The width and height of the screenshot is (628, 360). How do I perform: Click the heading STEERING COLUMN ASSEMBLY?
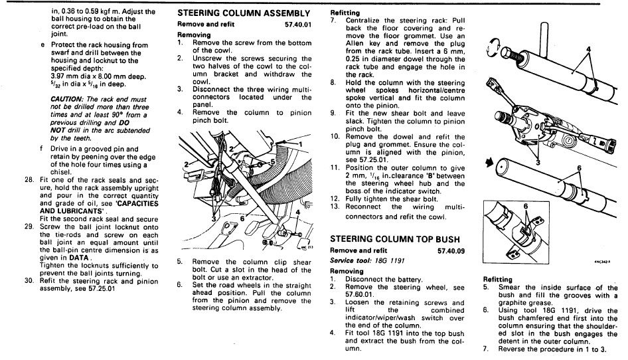(x=244, y=13)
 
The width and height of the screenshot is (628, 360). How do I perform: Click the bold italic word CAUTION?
(x=66, y=98)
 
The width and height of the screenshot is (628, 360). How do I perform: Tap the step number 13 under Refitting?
(x=335, y=206)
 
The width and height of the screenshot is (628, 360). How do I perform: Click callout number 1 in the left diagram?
(x=299, y=143)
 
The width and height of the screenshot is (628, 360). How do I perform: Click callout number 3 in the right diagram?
(x=538, y=161)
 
